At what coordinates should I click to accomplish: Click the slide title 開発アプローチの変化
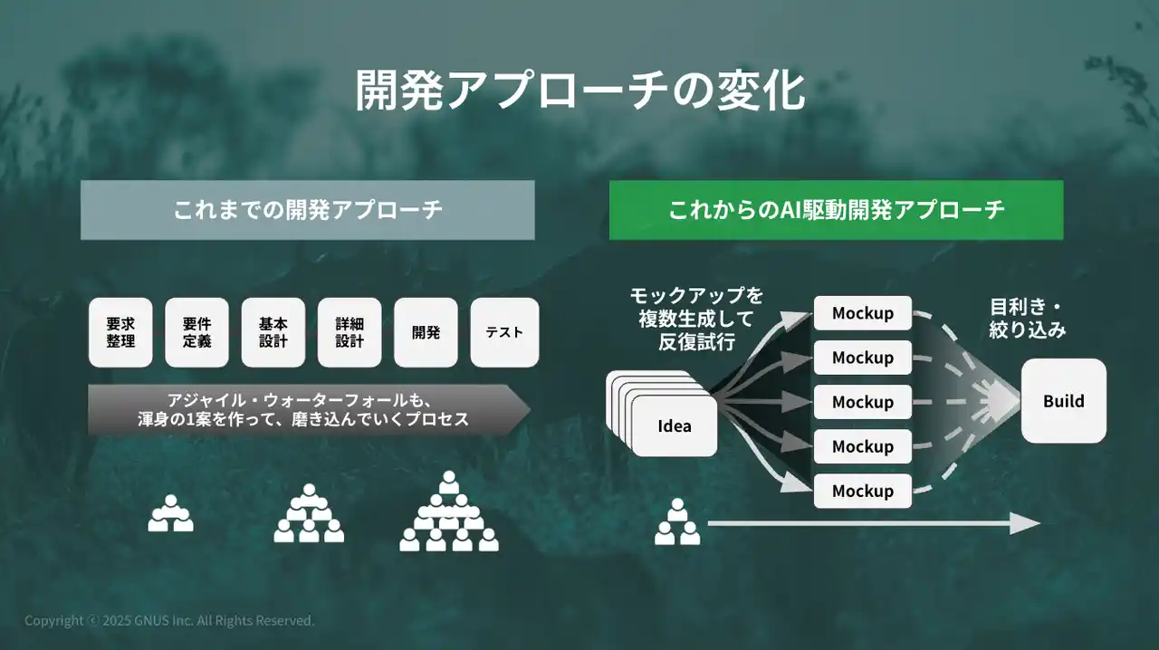[579, 91]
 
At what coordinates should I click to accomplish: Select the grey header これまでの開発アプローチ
[307, 210]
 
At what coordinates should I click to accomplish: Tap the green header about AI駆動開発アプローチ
[836, 210]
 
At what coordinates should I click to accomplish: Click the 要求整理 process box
[120, 332]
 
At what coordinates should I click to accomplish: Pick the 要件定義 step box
[196, 332]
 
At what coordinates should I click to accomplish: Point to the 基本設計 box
[273, 332]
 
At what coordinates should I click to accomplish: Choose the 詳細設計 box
[350, 332]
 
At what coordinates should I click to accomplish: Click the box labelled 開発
[426, 332]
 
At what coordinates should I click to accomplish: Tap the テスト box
[504, 332]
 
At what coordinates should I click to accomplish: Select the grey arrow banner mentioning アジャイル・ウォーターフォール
[309, 409]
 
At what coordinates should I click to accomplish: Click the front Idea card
[675, 425]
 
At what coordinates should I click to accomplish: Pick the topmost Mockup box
[863, 313]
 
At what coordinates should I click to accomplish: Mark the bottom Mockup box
[863, 491]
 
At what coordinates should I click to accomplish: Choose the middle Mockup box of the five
[863, 402]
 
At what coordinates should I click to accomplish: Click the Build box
[1064, 401]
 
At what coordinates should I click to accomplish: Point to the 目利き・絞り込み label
[1027, 319]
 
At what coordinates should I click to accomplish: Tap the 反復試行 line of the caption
[696, 342]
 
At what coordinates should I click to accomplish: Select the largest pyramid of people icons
[449, 511]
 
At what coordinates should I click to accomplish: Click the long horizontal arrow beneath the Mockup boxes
[874, 524]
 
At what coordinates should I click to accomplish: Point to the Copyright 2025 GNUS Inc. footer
[169, 620]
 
